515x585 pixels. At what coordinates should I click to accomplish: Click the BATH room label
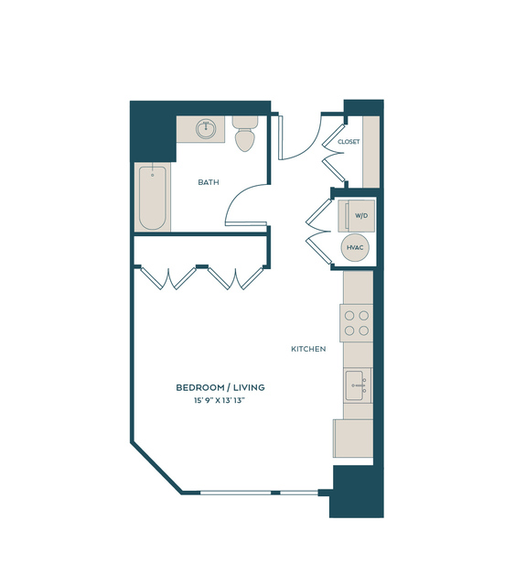click(209, 182)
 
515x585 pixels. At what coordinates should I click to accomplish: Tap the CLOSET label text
click(349, 142)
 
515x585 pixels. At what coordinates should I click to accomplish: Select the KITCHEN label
click(308, 349)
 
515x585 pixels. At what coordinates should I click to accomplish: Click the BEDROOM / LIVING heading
click(220, 387)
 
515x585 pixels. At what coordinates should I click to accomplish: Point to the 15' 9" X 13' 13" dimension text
click(220, 401)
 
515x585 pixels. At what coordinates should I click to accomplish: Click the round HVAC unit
click(355, 247)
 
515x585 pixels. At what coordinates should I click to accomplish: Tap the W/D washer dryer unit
click(357, 216)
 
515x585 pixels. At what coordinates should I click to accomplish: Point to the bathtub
click(153, 198)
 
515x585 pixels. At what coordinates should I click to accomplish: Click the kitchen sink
click(358, 385)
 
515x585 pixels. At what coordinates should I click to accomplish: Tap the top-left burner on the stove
click(349, 316)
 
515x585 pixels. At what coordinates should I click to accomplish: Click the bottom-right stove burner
click(364, 330)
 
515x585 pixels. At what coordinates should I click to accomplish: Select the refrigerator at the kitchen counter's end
click(353, 439)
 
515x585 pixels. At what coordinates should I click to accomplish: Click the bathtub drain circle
click(153, 175)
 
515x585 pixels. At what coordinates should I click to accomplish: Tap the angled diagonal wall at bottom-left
click(156, 468)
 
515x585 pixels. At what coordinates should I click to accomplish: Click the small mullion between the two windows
click(275, 493)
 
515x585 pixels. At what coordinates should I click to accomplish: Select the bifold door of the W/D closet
click(318, 232)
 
